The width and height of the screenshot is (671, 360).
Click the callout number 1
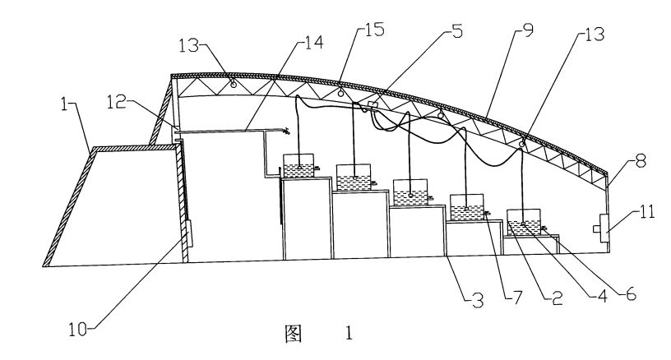tap(65, 104)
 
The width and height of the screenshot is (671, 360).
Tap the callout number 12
tap(116, 101)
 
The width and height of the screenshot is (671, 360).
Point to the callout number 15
tap(375, 30)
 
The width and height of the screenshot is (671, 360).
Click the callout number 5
tap(457, 30)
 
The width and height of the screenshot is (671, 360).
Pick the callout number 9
tap(528, 30)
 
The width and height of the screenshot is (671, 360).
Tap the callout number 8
tap(641, 162)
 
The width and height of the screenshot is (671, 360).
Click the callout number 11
tap(647, 211)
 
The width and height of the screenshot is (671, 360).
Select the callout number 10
tap(78, 330)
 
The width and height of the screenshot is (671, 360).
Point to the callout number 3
tap(478, 301)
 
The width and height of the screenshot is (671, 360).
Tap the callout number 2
tap(558, 298)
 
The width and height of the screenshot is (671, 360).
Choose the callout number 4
tap(602, 296)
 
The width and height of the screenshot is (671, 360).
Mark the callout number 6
tap(632, 293)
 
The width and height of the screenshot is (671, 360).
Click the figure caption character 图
tap(294, 333)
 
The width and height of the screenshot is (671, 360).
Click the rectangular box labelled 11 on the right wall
tap(604, 228)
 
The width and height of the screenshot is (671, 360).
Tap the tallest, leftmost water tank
tap(298, 166)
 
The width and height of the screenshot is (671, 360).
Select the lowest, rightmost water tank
tap(523, 222)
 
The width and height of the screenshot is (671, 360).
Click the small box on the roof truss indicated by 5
tap(373, 105)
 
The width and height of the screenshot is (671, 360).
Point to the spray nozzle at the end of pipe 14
tap(285, 131)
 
